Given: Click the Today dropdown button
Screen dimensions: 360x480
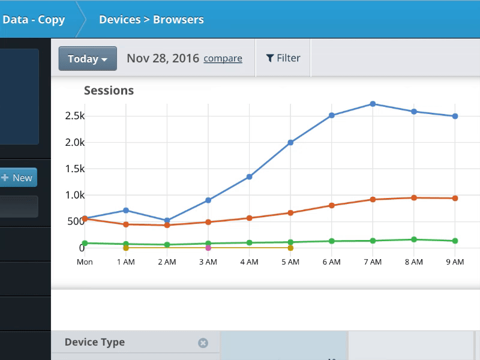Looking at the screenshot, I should click(x=88, y=59).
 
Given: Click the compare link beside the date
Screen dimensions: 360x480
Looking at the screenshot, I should click(x=223, y=59).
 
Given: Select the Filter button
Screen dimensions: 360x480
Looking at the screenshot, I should click(x=283, y=58).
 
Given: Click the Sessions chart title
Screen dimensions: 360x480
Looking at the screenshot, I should click(x=109, y=91).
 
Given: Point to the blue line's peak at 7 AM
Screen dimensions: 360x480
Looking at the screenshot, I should click(x=373, y=104).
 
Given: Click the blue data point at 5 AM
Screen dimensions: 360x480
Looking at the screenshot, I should click(x=290, y=143).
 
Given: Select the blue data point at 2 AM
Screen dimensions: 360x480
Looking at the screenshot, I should click(x=167, y=221).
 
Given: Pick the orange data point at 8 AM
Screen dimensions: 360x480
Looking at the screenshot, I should click(x=413, y=197).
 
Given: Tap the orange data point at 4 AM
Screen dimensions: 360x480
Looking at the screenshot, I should click(x=249, y=218).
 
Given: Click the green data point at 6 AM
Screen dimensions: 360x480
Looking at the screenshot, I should click(x=331, y=241).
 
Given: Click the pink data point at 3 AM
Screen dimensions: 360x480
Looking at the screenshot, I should click(x=208, y=248).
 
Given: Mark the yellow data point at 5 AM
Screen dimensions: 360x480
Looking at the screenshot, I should click(x=290, y=248).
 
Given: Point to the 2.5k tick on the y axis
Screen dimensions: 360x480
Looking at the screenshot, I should click(x=74, y=116).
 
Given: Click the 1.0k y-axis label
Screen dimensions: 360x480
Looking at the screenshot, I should click(x=74, y=195).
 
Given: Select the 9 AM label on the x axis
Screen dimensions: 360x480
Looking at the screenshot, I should click(x=455, y=262).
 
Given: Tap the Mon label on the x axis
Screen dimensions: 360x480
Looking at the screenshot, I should click(x=85, y=262).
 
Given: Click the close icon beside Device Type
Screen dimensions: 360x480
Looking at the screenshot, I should click(x=203, y=343).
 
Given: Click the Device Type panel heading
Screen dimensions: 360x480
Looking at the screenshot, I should click(x=95, y=342).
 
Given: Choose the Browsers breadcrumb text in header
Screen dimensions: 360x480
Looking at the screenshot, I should click(x=178, y=19).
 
